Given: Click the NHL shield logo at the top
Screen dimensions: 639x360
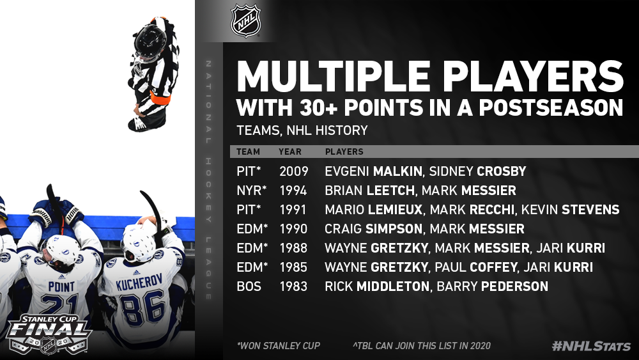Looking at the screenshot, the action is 246,20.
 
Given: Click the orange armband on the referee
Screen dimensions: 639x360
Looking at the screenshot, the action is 160,98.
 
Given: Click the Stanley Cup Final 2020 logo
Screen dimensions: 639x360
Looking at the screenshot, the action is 48,334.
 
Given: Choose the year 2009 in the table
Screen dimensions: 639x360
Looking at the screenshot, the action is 294,171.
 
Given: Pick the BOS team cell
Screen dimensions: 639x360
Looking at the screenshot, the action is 249,286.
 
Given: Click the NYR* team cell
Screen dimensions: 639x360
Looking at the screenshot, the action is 251,191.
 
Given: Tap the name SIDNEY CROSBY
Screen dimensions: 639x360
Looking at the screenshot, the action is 477,171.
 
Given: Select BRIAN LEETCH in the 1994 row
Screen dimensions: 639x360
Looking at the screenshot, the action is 369,191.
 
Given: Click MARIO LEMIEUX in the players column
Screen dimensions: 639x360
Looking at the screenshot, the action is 374,210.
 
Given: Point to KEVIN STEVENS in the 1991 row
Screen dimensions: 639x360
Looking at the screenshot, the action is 570,210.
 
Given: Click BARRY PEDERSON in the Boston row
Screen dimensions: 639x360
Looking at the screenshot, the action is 492,286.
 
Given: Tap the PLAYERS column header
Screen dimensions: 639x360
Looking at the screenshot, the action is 344,152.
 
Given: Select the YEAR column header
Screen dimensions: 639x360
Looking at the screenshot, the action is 289,152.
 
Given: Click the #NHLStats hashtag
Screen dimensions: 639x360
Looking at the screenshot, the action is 591,346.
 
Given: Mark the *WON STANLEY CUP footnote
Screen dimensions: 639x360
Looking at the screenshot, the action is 279,346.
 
